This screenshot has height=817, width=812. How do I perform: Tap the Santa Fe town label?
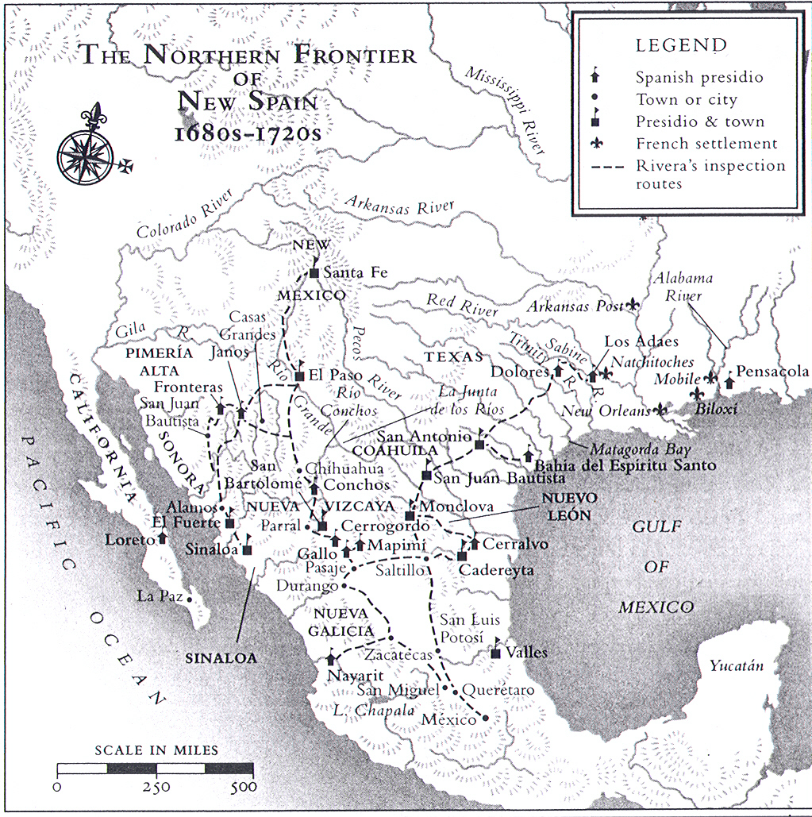tap(356, 273)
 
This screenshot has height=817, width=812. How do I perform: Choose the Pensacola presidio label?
tap(772, 372)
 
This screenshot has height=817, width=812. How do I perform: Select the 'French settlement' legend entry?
tap(706, 144)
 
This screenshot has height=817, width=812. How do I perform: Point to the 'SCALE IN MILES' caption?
tap(156, 750)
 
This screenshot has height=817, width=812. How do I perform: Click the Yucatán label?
tap(737, 665)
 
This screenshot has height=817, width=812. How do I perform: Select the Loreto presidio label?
tap(130, 540)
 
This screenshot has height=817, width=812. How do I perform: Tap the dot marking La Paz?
tap(190, 599)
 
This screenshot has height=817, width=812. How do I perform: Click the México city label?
tap(449, 719)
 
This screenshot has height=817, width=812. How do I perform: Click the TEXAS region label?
tap(453, 356)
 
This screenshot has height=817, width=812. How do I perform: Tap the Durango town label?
tap(306, 586)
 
